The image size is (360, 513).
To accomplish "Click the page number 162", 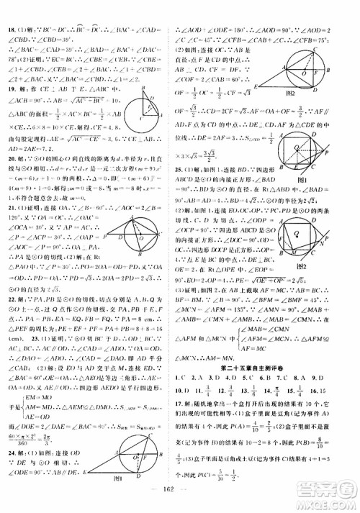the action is [x=177, y=500].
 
